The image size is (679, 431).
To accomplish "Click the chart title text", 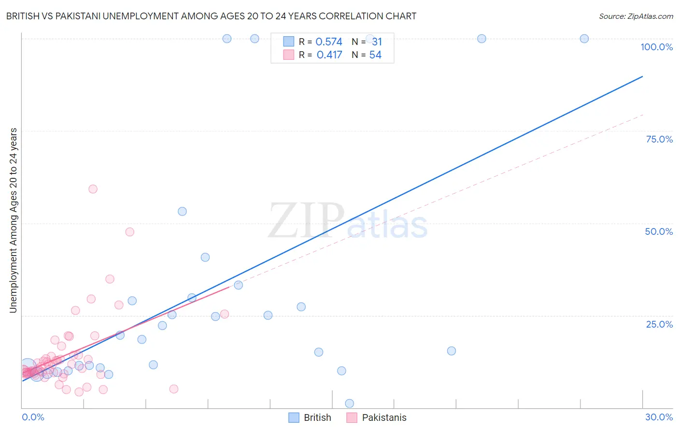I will coord(211,16).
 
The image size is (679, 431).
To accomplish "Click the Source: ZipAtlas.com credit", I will coord(636,16).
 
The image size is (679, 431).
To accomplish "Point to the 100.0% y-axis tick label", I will coord(656,47).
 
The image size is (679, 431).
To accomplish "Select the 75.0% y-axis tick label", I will coord(659,139).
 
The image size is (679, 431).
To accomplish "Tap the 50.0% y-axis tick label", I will coord(659,231).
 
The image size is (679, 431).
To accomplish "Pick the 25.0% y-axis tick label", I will coord(659,324).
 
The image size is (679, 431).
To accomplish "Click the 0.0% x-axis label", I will coord(33,417).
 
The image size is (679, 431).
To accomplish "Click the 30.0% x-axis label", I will coord(659,417).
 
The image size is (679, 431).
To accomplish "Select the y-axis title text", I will coord(13,220).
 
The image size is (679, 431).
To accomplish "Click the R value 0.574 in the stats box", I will coord(329,42).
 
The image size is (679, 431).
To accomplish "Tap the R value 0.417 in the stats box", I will coord(329,55).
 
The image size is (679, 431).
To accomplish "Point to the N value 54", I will coord(375,55).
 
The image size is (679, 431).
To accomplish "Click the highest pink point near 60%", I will coord(93,189).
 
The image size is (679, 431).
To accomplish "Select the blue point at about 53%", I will coord(182,211).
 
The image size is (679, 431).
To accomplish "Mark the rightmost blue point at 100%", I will coord(584,39).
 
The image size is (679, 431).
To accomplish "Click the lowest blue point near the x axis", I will coord(350,403).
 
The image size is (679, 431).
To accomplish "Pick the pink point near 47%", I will coord(129,232).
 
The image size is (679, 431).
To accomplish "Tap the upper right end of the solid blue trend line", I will coord(642,76).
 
